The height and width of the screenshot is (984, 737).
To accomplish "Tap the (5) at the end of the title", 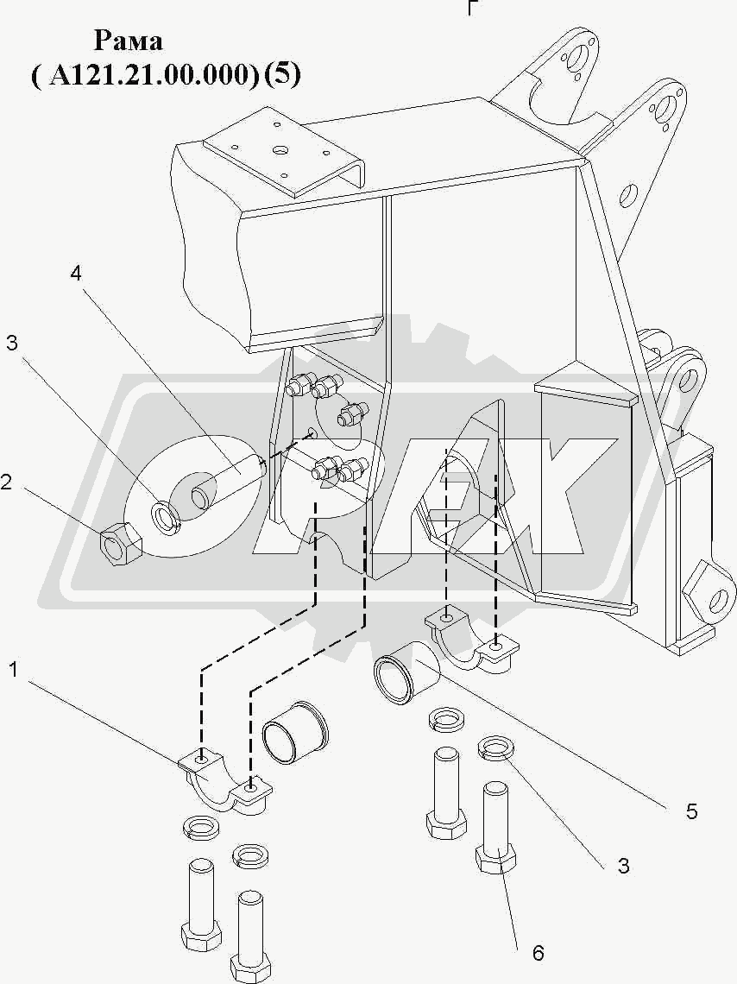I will click(x=283, y=76).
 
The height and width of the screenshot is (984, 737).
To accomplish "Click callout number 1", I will click(x=16, y=669).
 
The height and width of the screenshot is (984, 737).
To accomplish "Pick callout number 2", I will click(x=6, y=483).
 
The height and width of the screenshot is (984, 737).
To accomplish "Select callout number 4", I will click(x=76, y=274).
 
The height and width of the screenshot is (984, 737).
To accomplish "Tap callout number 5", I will click(x=691, y=811).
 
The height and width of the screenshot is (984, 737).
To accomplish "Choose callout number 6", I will click(x=538, y=953).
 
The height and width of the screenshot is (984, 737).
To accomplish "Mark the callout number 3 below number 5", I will click(x=623, y=866).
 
